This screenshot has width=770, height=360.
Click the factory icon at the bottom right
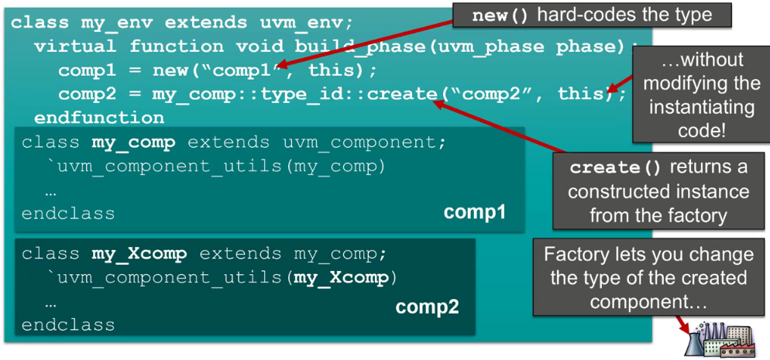pos(720,339)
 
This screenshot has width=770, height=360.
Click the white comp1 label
pos(474,211)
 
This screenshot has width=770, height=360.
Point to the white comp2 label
pos(427,307)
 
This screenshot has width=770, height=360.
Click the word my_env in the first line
pos(109,22)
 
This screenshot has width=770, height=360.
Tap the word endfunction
pos(98,118)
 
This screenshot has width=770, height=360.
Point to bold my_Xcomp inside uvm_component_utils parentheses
pos(344,277)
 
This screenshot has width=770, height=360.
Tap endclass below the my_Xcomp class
pos(68,324)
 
